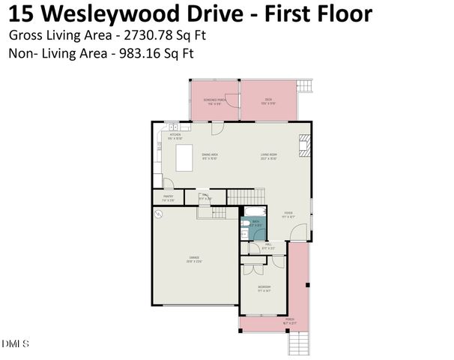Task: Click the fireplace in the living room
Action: (303, 143)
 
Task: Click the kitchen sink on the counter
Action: (172, 128)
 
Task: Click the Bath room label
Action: (255, 223)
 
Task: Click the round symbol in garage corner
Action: (159, 214)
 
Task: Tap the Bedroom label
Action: (264, 288)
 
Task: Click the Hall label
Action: (267, 245)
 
